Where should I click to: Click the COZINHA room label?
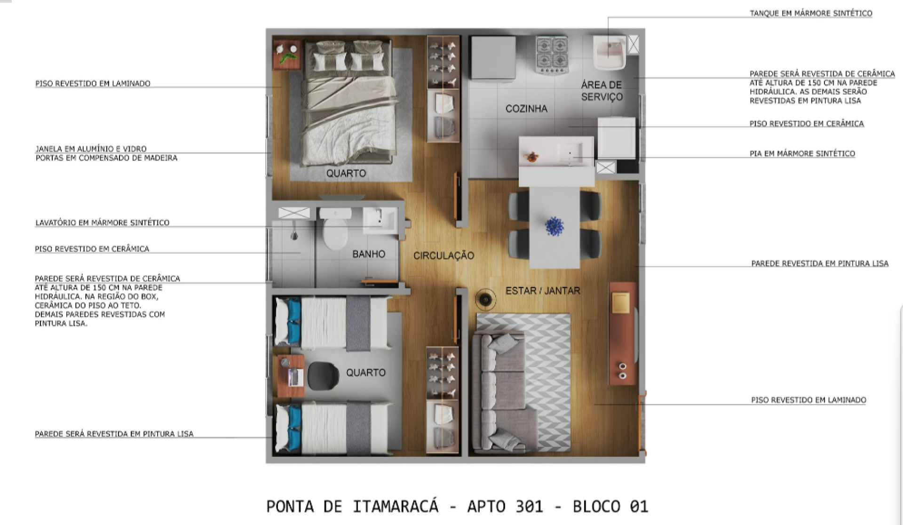point(526,109)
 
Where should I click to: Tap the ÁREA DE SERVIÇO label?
point(602,91)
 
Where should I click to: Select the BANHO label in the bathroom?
point(369,254)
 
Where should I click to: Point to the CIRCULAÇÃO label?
point(444,255)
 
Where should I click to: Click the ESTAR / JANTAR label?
point(543,291)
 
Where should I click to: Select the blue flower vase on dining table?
point(554,226)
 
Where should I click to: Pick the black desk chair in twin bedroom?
point(324,376)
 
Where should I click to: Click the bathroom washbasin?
point(380,220)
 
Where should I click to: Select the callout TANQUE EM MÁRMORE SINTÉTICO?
point(811,13)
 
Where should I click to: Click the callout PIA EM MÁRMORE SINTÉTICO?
point(802,153)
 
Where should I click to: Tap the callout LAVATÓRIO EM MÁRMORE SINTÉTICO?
point(102,223)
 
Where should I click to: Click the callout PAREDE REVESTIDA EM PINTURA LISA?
point(820,263)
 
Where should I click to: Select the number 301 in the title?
point(529,507)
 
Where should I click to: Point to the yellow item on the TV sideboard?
point(621,302)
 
